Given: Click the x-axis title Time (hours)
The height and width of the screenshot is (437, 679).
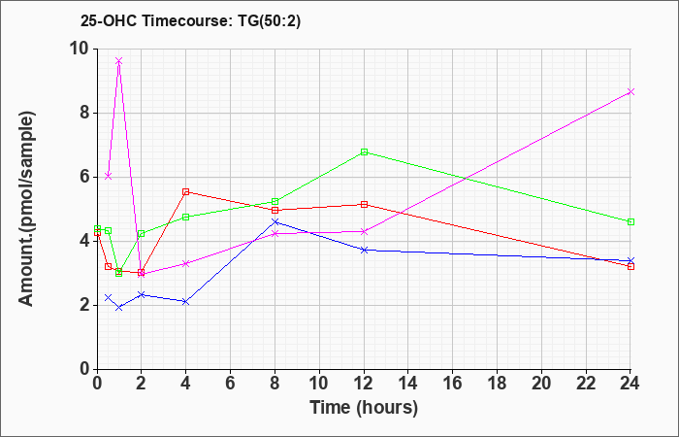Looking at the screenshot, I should point(364,407).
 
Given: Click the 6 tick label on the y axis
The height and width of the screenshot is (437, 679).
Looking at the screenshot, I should point(83,177).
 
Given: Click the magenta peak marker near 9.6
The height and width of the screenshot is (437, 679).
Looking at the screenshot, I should point(118,61).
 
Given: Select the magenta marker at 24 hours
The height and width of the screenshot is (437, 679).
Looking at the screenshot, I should point(630,91).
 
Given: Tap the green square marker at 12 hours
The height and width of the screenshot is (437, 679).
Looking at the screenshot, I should point(364,151).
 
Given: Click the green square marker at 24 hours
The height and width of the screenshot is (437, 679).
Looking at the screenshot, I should point(630,221).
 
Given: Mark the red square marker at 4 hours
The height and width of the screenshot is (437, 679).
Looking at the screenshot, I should point(185,191).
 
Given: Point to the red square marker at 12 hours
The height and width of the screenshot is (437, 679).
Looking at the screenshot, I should point(364,204).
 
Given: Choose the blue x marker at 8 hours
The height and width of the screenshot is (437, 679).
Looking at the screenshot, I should point(275,222).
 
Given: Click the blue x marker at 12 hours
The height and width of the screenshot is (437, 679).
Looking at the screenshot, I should point(364,250).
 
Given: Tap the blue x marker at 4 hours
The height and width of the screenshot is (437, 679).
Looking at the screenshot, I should point(185,301).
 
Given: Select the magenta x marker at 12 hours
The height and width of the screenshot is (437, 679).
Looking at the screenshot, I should point(364,231).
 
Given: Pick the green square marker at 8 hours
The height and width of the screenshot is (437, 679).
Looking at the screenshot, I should point(275,201).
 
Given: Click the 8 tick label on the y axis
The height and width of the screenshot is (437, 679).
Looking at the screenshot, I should point(83,113).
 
